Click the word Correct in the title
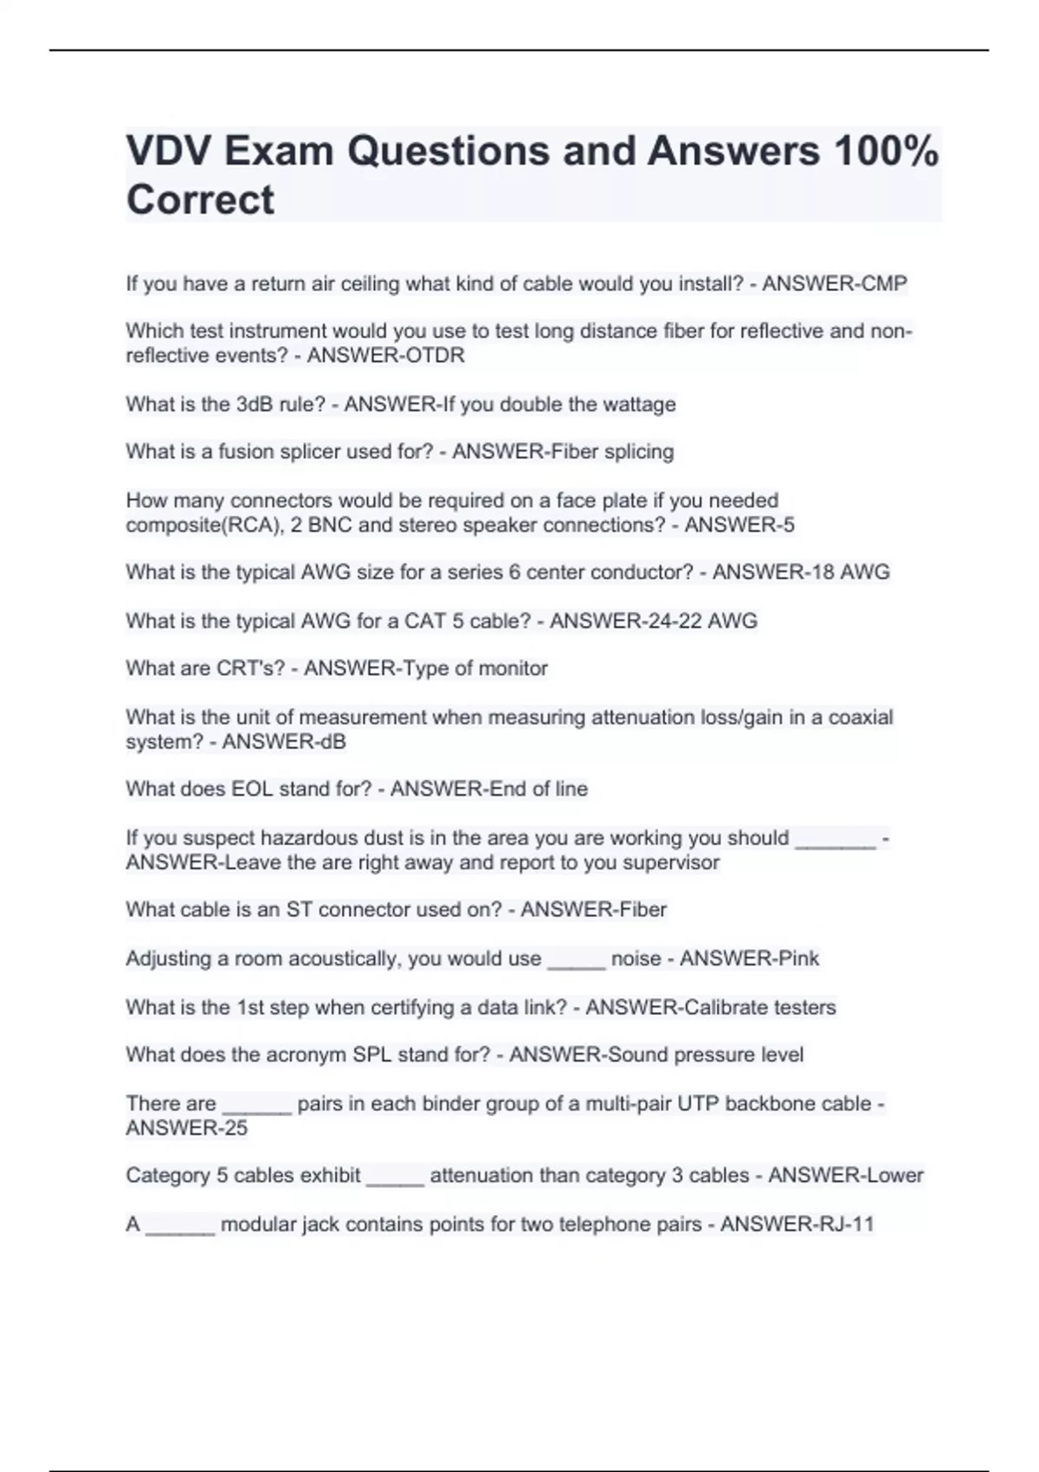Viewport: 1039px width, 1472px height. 200,200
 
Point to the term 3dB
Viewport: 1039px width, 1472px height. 255,404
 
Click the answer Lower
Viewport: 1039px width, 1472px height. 894,1176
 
